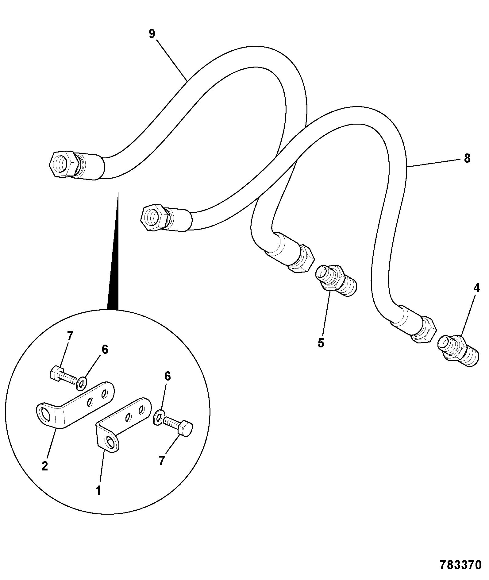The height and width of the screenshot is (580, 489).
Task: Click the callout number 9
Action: [x=152, y=34]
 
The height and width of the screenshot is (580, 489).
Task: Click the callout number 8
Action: [x=467, y=158]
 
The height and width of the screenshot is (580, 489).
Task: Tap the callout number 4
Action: [x=476, y=288]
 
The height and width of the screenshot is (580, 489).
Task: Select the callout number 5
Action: [x=321, y=343]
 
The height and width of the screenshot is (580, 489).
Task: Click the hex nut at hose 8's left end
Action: [x=154, y=218]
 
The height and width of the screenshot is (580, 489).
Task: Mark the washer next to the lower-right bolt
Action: [x=158, y=418]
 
